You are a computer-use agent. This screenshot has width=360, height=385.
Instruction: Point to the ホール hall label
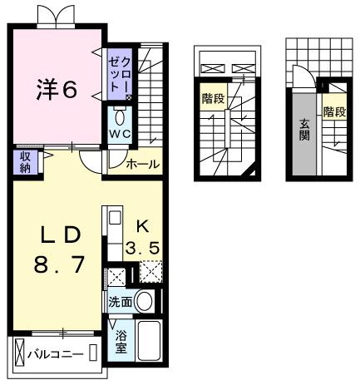142,164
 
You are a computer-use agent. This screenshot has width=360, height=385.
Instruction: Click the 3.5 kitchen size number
142,247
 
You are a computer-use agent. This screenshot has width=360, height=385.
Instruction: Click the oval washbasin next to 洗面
145,302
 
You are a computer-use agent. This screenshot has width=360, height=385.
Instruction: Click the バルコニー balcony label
55,355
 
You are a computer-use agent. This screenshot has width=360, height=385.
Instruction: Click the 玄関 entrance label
304,130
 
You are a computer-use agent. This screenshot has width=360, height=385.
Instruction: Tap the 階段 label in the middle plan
212,99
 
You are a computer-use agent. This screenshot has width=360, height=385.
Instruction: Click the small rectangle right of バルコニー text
93,355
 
